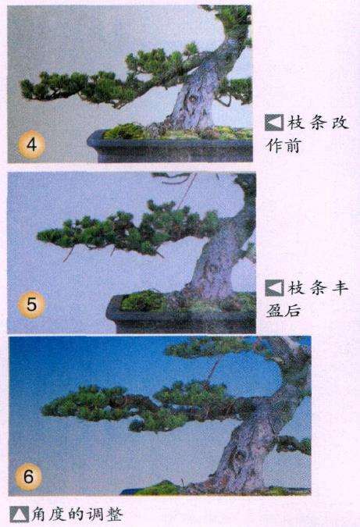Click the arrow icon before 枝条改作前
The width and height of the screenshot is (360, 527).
coord(273,123)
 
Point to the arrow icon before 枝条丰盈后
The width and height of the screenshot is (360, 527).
coord(273,288)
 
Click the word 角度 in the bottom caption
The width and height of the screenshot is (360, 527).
coord(50,515)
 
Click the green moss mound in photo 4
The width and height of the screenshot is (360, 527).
coord(125,130)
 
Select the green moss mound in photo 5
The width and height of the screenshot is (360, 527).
coord(141,301)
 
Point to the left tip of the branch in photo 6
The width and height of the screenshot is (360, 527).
coord(45,407)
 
